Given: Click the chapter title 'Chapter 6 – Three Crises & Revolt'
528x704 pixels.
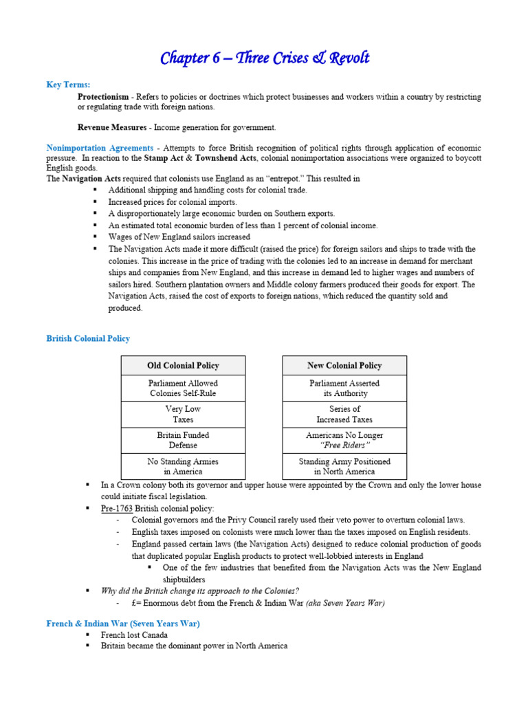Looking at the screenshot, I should pos(265,58).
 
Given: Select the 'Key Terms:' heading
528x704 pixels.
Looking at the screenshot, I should pos(68,85).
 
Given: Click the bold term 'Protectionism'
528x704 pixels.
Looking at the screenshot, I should pos(102,97).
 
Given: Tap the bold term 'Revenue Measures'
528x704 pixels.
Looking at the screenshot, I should pos(112,127).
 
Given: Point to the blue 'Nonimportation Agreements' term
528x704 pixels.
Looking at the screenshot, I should pos(100,148).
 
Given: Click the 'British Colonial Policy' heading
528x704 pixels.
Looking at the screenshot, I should pos(88,338).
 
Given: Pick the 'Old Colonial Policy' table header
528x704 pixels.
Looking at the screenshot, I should pos(183,365).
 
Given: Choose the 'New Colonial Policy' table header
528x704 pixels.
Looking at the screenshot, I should pos(344,365).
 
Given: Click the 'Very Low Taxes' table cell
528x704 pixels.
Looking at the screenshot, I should pos(183,414).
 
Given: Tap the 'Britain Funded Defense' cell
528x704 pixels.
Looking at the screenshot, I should pos(183,440).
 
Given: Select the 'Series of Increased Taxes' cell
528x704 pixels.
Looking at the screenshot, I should pos(344,414).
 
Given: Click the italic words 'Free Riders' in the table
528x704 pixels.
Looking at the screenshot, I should pos(344,445).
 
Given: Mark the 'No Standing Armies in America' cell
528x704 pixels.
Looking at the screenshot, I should pos(183,466).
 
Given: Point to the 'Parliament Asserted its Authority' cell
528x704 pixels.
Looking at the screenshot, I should pos(344,388).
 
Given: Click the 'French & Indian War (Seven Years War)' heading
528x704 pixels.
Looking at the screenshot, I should pos(122,624).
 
